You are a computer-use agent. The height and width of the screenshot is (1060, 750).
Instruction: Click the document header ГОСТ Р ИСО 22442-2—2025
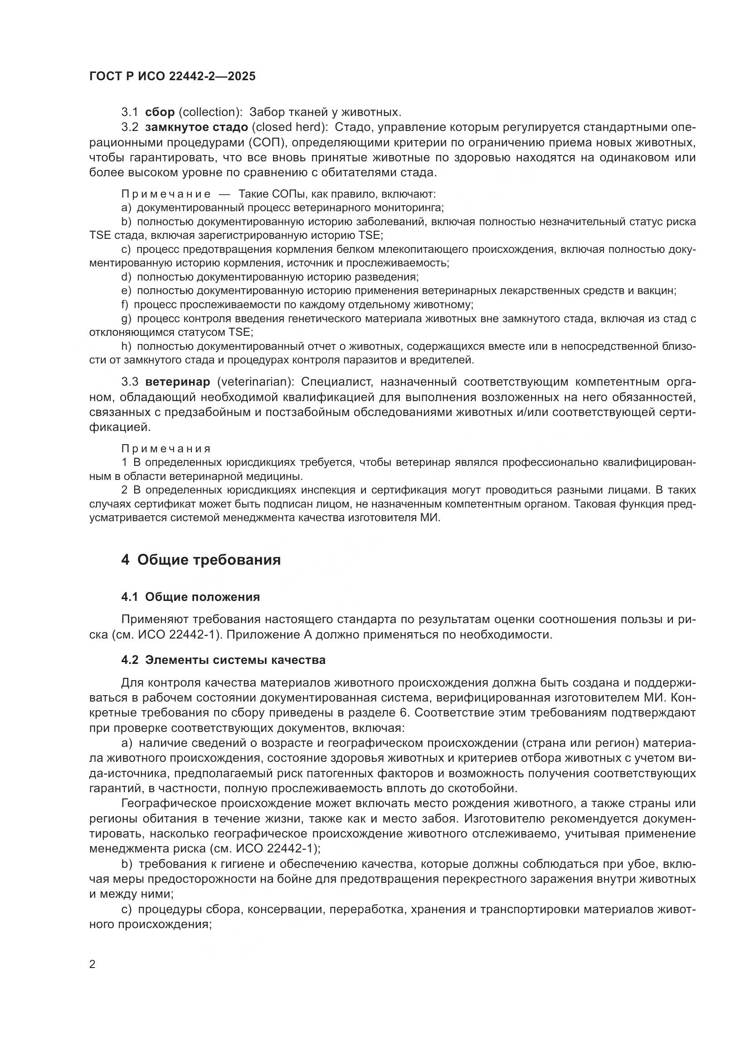click(172, 77)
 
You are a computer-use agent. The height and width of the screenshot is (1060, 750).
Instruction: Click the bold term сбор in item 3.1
click(160, 112)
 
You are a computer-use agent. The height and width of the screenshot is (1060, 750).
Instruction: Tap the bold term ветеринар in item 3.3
click(177, 382)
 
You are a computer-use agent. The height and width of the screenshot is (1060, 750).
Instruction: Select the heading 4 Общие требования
click(201, 560)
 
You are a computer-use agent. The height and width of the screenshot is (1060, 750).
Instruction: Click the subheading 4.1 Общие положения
click(190, 597)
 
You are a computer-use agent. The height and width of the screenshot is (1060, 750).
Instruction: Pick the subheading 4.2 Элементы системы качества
click(223, 660)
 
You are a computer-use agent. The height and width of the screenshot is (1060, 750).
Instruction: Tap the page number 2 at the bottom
click(93, 964)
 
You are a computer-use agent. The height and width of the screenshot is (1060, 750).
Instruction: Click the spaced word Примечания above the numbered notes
click(166, 449)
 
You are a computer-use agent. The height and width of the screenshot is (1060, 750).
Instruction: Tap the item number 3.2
click(130, 127)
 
